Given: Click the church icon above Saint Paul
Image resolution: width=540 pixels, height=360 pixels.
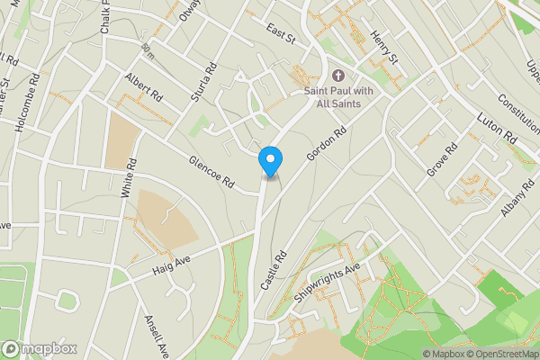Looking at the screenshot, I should [x=338, y=76].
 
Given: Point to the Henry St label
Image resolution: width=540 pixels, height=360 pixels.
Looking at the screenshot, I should [x=382, y=48].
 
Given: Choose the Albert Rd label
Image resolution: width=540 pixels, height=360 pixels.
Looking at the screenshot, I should [x=144, y=87].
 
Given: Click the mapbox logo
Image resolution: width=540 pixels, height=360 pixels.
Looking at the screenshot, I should [x=39, y=348].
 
